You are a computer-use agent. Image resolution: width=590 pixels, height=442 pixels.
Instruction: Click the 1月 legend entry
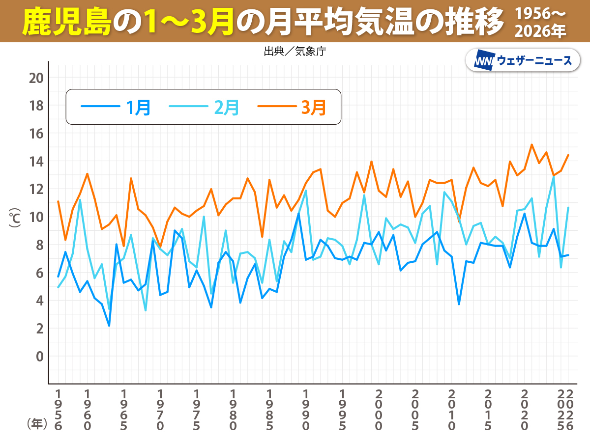coord(116,107)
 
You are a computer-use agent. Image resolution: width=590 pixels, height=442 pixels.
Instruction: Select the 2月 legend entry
coord(204,107)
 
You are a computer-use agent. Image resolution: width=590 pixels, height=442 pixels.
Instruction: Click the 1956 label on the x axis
coord(59,410)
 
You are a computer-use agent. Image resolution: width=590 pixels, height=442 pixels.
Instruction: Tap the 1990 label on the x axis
coord(306,410)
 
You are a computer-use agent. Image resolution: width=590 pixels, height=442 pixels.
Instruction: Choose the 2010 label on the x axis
coord(452,410)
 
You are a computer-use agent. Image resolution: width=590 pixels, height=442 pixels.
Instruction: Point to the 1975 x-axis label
coord(197,410)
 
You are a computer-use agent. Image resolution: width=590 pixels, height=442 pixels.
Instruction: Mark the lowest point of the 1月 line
coord(109,326)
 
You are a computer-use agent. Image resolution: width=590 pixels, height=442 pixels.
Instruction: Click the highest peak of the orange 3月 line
coord(531,144)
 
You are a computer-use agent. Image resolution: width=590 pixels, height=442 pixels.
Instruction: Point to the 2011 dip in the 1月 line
coord(459,304)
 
